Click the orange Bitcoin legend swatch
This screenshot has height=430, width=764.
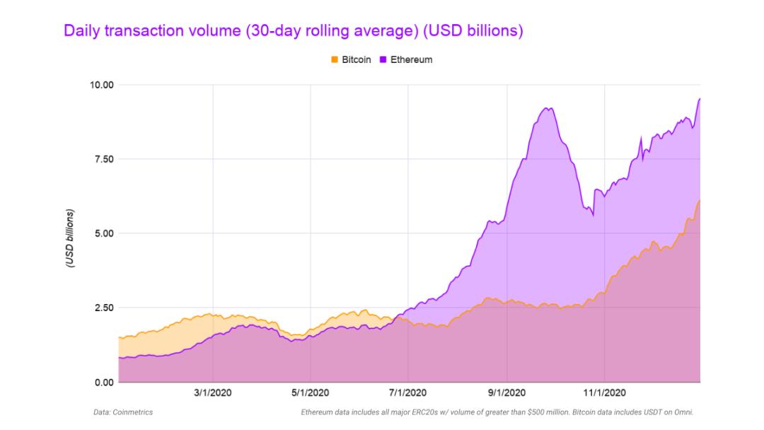coord(335,60)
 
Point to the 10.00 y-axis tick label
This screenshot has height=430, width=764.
coord(100,85)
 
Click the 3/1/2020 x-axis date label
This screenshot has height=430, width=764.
coord(213,393)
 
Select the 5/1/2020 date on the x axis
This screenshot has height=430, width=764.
coord(311,393)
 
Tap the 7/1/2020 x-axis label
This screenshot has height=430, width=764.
coord(408,393)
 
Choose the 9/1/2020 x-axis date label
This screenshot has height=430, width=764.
coord(507,393)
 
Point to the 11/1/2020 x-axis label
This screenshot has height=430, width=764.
coord(604,393)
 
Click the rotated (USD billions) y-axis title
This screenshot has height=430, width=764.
coord(71,238)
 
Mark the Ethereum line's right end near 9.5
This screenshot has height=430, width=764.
coord(700,99)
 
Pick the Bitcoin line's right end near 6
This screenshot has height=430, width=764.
coord(700,201)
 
